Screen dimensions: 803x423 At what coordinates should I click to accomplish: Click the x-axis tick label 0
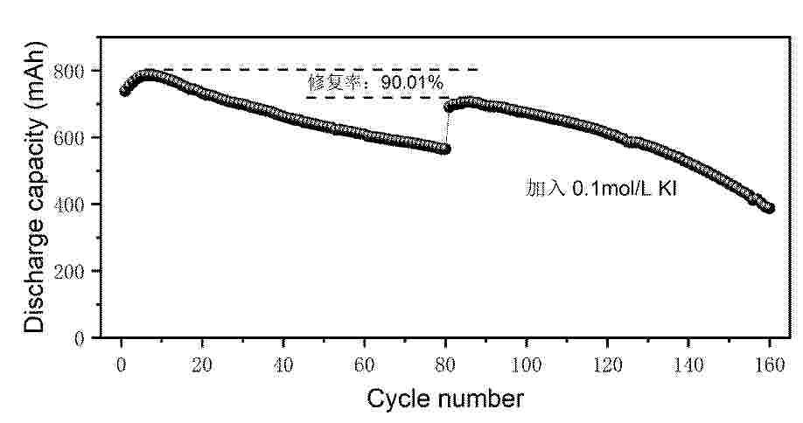click(x=122, y=365)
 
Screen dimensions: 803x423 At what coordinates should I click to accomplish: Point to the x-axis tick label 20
click(x=202, y=365)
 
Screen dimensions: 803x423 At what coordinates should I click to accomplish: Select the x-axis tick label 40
click(x=283, y=365)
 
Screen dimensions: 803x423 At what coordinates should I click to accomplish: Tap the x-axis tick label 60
click(x=364, y=365)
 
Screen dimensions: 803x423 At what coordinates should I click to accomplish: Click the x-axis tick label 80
click(x=445, y=365)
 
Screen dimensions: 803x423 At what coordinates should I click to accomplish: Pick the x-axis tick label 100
click(x=526, y=365)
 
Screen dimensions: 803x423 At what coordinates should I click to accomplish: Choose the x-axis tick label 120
click(x=607, y=365)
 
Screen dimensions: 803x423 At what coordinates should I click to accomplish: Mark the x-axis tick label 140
click(x=688, y=365)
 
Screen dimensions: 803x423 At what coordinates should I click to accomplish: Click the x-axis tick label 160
click(x=769, y=365)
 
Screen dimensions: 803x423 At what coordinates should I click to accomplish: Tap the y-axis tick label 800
click(x=68, y=71)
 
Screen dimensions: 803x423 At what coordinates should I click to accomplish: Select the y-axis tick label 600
click(x=68, y=137)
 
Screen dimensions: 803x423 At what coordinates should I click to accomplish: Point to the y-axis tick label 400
click(x=68, y=205)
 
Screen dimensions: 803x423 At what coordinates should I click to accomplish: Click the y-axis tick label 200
click(x=68, y=272)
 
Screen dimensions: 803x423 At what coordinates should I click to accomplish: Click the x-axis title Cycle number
click(x=445, y=399)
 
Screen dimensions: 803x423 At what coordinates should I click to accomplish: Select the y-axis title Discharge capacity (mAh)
click(x=35, y=187)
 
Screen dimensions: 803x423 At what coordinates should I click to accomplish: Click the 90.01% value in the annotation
click(x=412, y=82)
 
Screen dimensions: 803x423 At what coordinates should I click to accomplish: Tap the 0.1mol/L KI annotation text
click(x=625, y=190)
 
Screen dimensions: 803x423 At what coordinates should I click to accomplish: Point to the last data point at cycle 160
click(x=769, y=208)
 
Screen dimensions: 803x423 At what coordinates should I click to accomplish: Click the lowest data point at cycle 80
click(x=445, y=149)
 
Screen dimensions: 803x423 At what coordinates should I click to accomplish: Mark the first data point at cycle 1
click(x=123, y=92)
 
